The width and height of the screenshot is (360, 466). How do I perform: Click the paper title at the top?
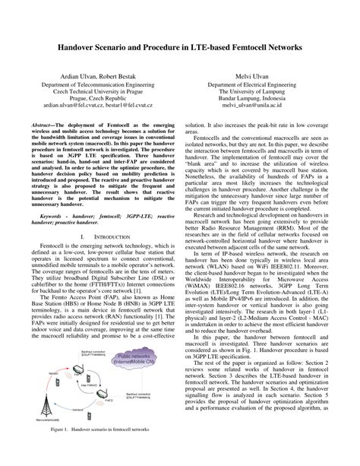point(180,47)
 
